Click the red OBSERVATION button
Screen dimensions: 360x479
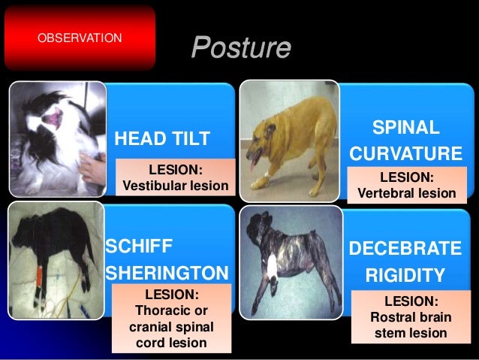78,36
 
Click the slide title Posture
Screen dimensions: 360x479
240,47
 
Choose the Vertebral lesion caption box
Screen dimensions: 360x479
406,185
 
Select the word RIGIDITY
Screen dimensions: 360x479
406,274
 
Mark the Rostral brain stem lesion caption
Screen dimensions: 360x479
410,317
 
